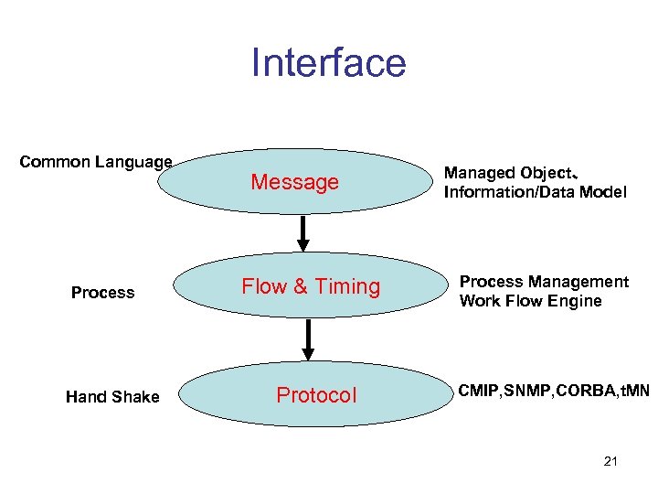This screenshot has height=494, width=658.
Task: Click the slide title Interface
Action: (328, 63)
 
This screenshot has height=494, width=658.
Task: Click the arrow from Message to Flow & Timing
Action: (302, 233)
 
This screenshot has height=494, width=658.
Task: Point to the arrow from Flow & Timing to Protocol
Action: (309, 339)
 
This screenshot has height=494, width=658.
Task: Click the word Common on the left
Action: (54, 162)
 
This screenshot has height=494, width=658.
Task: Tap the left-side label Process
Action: (102, 293)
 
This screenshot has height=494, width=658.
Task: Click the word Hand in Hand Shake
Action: (86, 396)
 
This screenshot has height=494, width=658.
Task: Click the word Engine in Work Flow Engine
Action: (576, 301)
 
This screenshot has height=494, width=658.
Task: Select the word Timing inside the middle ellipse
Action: (347, 286)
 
